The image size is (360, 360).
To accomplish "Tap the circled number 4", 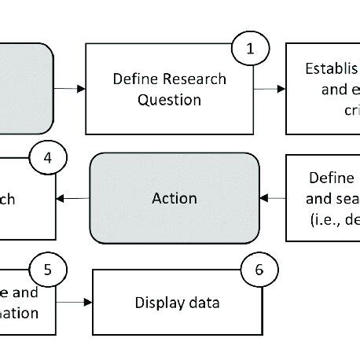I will coord(48,157).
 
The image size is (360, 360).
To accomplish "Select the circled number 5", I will coord(47,270).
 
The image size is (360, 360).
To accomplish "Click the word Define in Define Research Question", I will coord(135,79).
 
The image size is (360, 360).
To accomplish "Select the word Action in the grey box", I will coord(174,197).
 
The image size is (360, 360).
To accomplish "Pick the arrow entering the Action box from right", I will coord(272,197).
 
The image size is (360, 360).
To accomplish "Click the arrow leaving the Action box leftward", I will coord(73,197).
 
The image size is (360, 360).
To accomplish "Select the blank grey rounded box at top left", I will coord(24,88).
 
